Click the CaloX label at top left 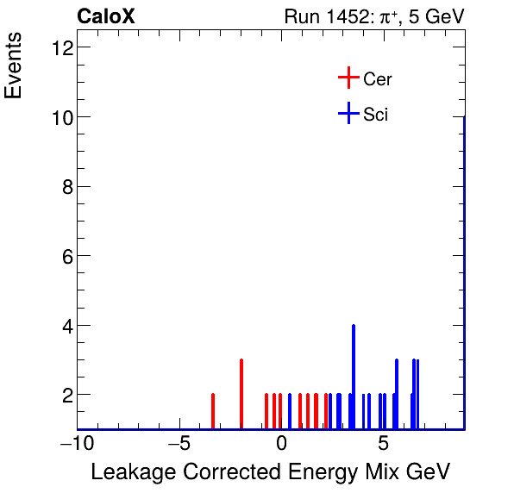(106, 16)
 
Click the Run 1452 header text (373, 16)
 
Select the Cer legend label (378, 79)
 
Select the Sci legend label (375, 114)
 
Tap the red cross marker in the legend (348, 78)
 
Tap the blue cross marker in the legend (348, 113)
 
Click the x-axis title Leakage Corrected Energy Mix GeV (270, 472)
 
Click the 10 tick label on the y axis (60, 116)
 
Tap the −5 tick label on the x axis (179, 444)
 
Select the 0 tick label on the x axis (281, 444)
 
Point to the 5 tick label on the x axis (383, 444)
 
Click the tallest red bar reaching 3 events (241, 393)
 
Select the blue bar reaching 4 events (354, 376)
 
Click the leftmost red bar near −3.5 (213, 410)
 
